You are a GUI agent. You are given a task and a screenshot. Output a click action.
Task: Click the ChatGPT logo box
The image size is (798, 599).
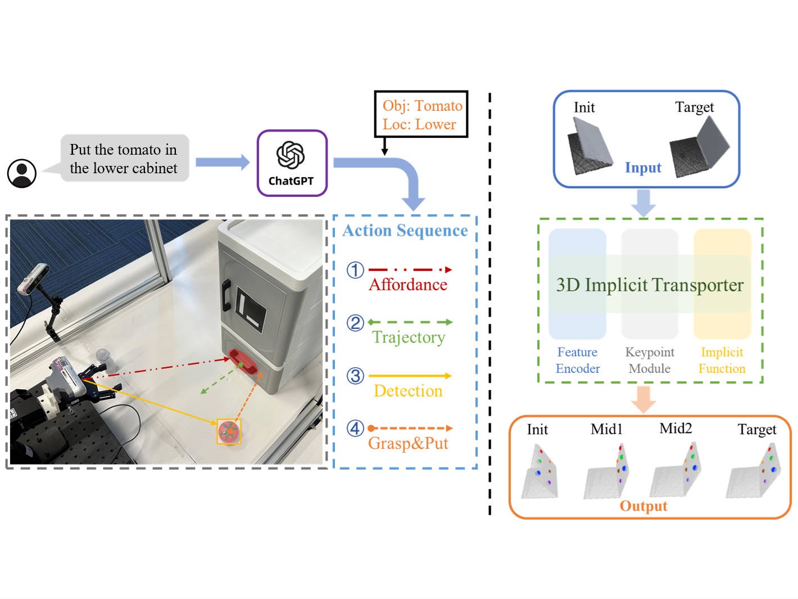coord(292,163)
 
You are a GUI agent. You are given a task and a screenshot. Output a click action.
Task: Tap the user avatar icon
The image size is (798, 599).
coord(22,173)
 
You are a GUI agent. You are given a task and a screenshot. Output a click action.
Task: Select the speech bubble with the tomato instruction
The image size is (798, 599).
coord(124,159)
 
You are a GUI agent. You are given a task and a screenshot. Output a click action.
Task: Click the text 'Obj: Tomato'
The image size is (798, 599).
coord(422,106)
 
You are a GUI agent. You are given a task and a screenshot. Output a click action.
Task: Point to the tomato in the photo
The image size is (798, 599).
coord(229,431)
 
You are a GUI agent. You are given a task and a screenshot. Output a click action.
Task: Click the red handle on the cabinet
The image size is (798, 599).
coord(243,362)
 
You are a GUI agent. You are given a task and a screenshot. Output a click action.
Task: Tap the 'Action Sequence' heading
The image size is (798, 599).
coord(405,231)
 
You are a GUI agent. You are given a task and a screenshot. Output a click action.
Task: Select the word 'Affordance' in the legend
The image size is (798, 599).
coord(408,285)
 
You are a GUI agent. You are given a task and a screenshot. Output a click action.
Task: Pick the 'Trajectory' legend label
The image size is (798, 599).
coord(409,337)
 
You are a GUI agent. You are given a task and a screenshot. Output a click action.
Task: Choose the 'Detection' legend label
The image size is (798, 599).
coord(408,390)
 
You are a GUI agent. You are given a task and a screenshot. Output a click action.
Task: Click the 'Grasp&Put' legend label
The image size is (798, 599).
coord(408,443)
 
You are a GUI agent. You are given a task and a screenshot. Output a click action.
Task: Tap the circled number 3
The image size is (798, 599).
coord(355,376)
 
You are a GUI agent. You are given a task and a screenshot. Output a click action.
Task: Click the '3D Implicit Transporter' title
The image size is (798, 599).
coord(650,285)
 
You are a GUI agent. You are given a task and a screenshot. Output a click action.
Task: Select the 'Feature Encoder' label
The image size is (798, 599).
coord(578,360)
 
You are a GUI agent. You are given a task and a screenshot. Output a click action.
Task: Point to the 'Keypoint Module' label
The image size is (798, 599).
coord(650,360)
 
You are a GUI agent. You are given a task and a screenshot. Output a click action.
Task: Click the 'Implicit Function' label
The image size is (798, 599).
coord(722,360)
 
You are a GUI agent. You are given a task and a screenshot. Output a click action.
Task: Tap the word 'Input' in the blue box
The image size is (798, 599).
coord(643,168)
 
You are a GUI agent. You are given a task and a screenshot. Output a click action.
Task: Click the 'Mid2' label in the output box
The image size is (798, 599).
coord(675,429)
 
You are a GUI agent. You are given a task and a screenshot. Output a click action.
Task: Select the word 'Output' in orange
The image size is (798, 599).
coord(643,506)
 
